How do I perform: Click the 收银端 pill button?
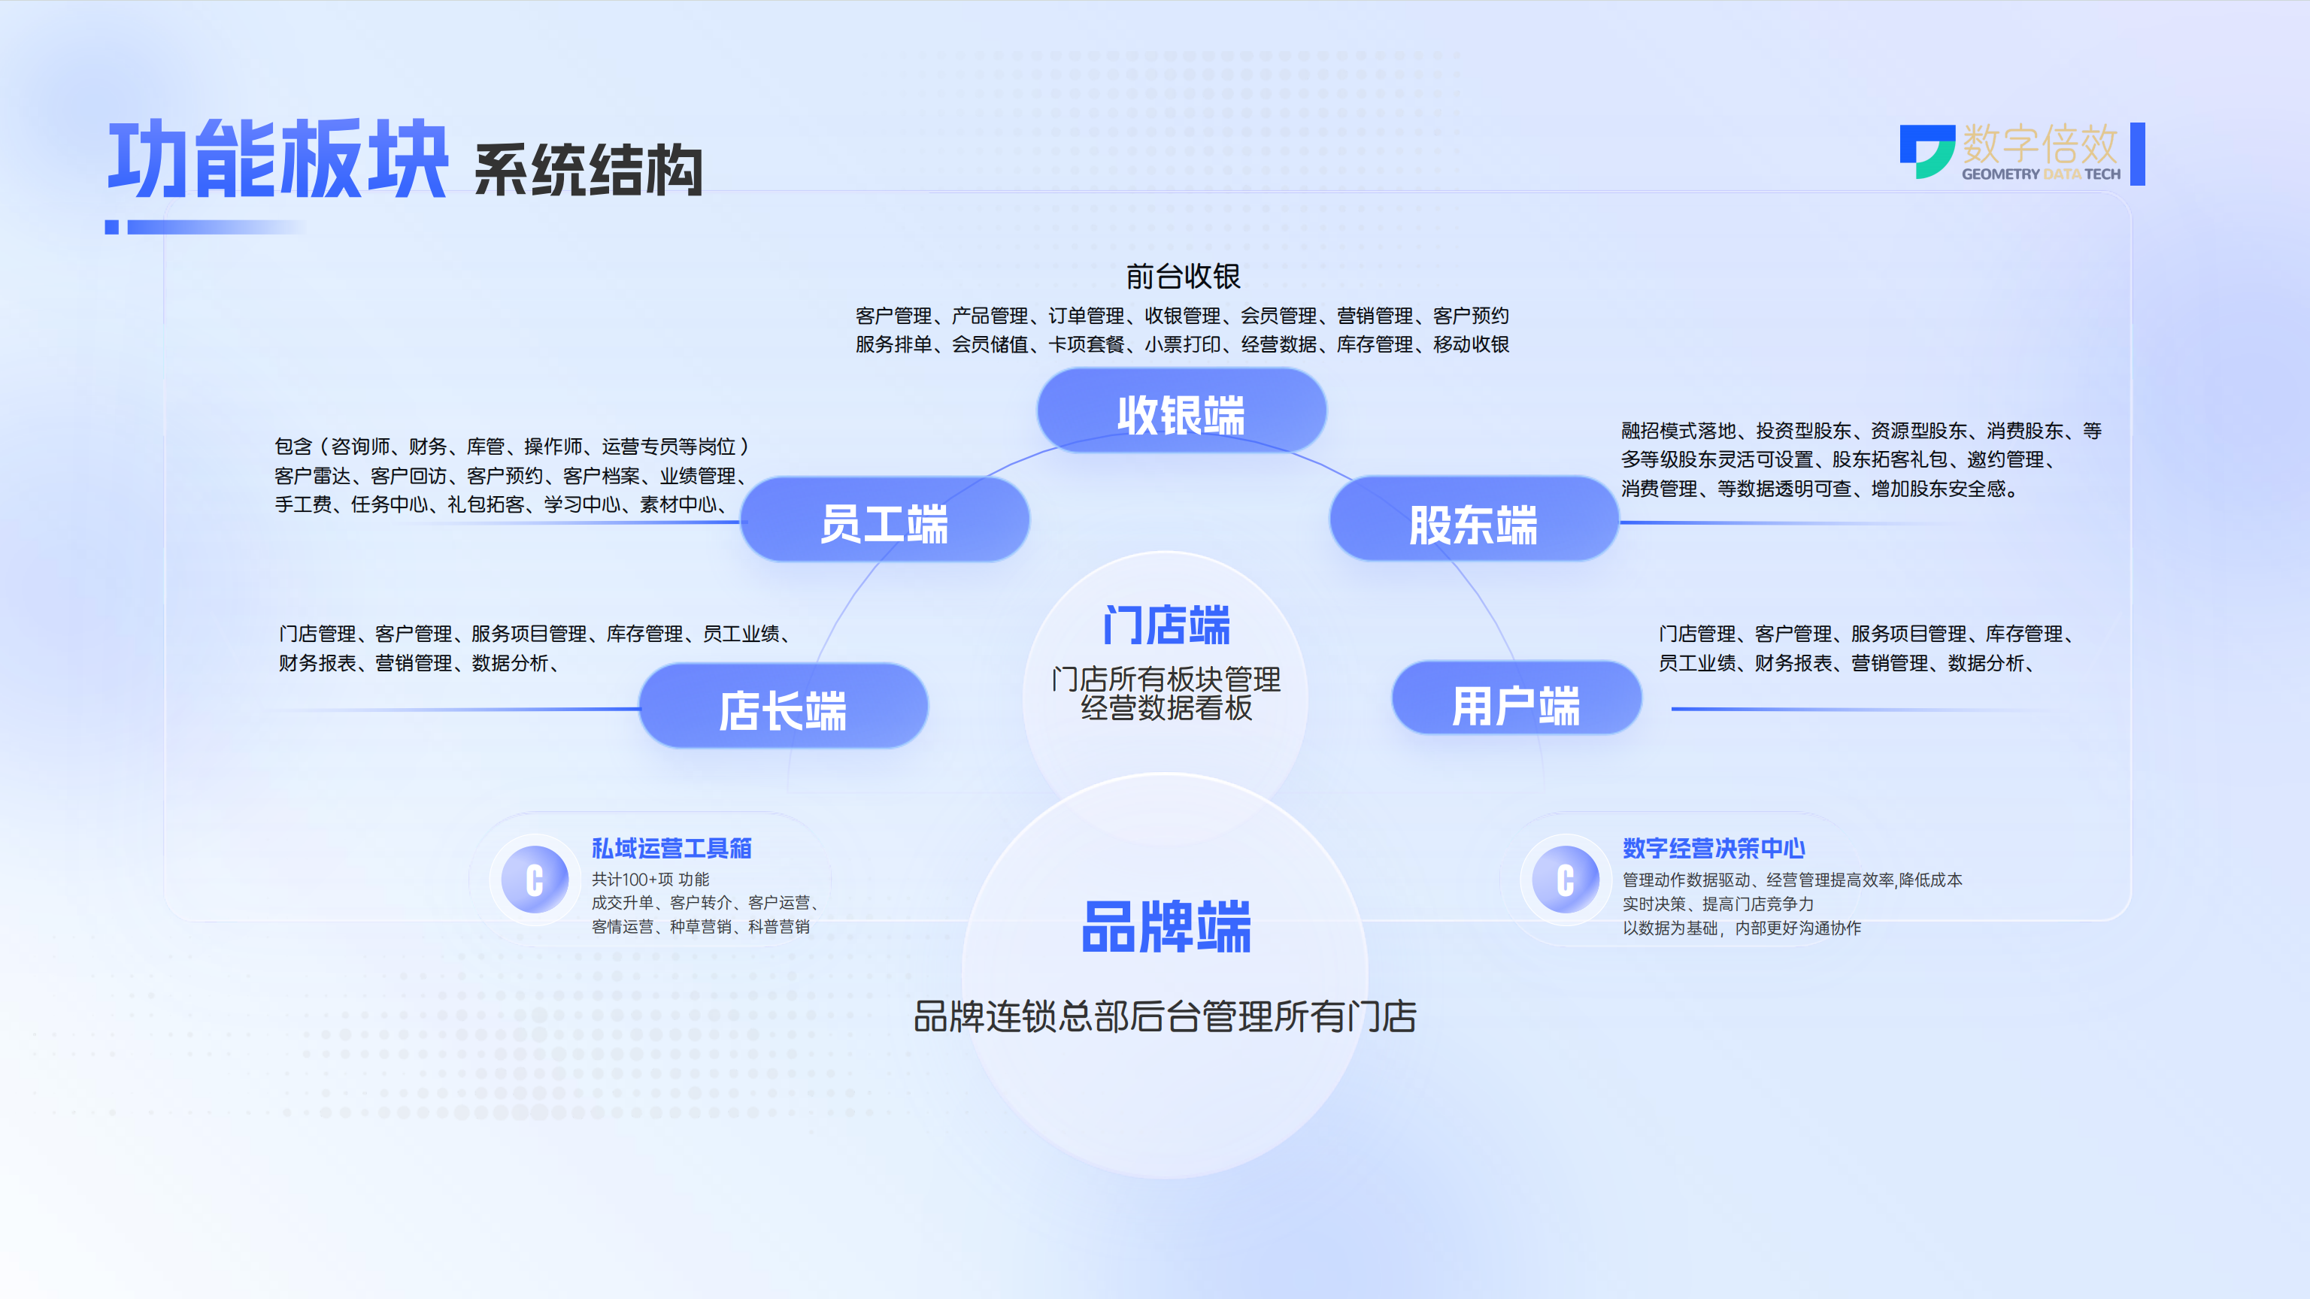coord(1181,411)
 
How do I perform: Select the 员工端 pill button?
coord(885,520)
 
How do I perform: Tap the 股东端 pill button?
coord(1473,520)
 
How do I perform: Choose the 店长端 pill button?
coord(783,707)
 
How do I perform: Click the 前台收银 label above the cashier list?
coord(1183,276)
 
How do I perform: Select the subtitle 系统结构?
coord(588,169)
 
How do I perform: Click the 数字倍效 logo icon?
coord(1927,150)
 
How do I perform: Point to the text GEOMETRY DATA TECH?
coord(2041,174)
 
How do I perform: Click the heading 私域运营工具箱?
coord(671,848)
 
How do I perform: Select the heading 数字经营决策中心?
coord(1714,848)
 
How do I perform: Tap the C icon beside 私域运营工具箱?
coord(535,880)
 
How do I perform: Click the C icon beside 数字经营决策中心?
coord(1566,880)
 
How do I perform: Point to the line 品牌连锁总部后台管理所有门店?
coord(1165,1016)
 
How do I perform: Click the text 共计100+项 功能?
coord(650,880)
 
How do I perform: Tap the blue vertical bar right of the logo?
coord(2138,154)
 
